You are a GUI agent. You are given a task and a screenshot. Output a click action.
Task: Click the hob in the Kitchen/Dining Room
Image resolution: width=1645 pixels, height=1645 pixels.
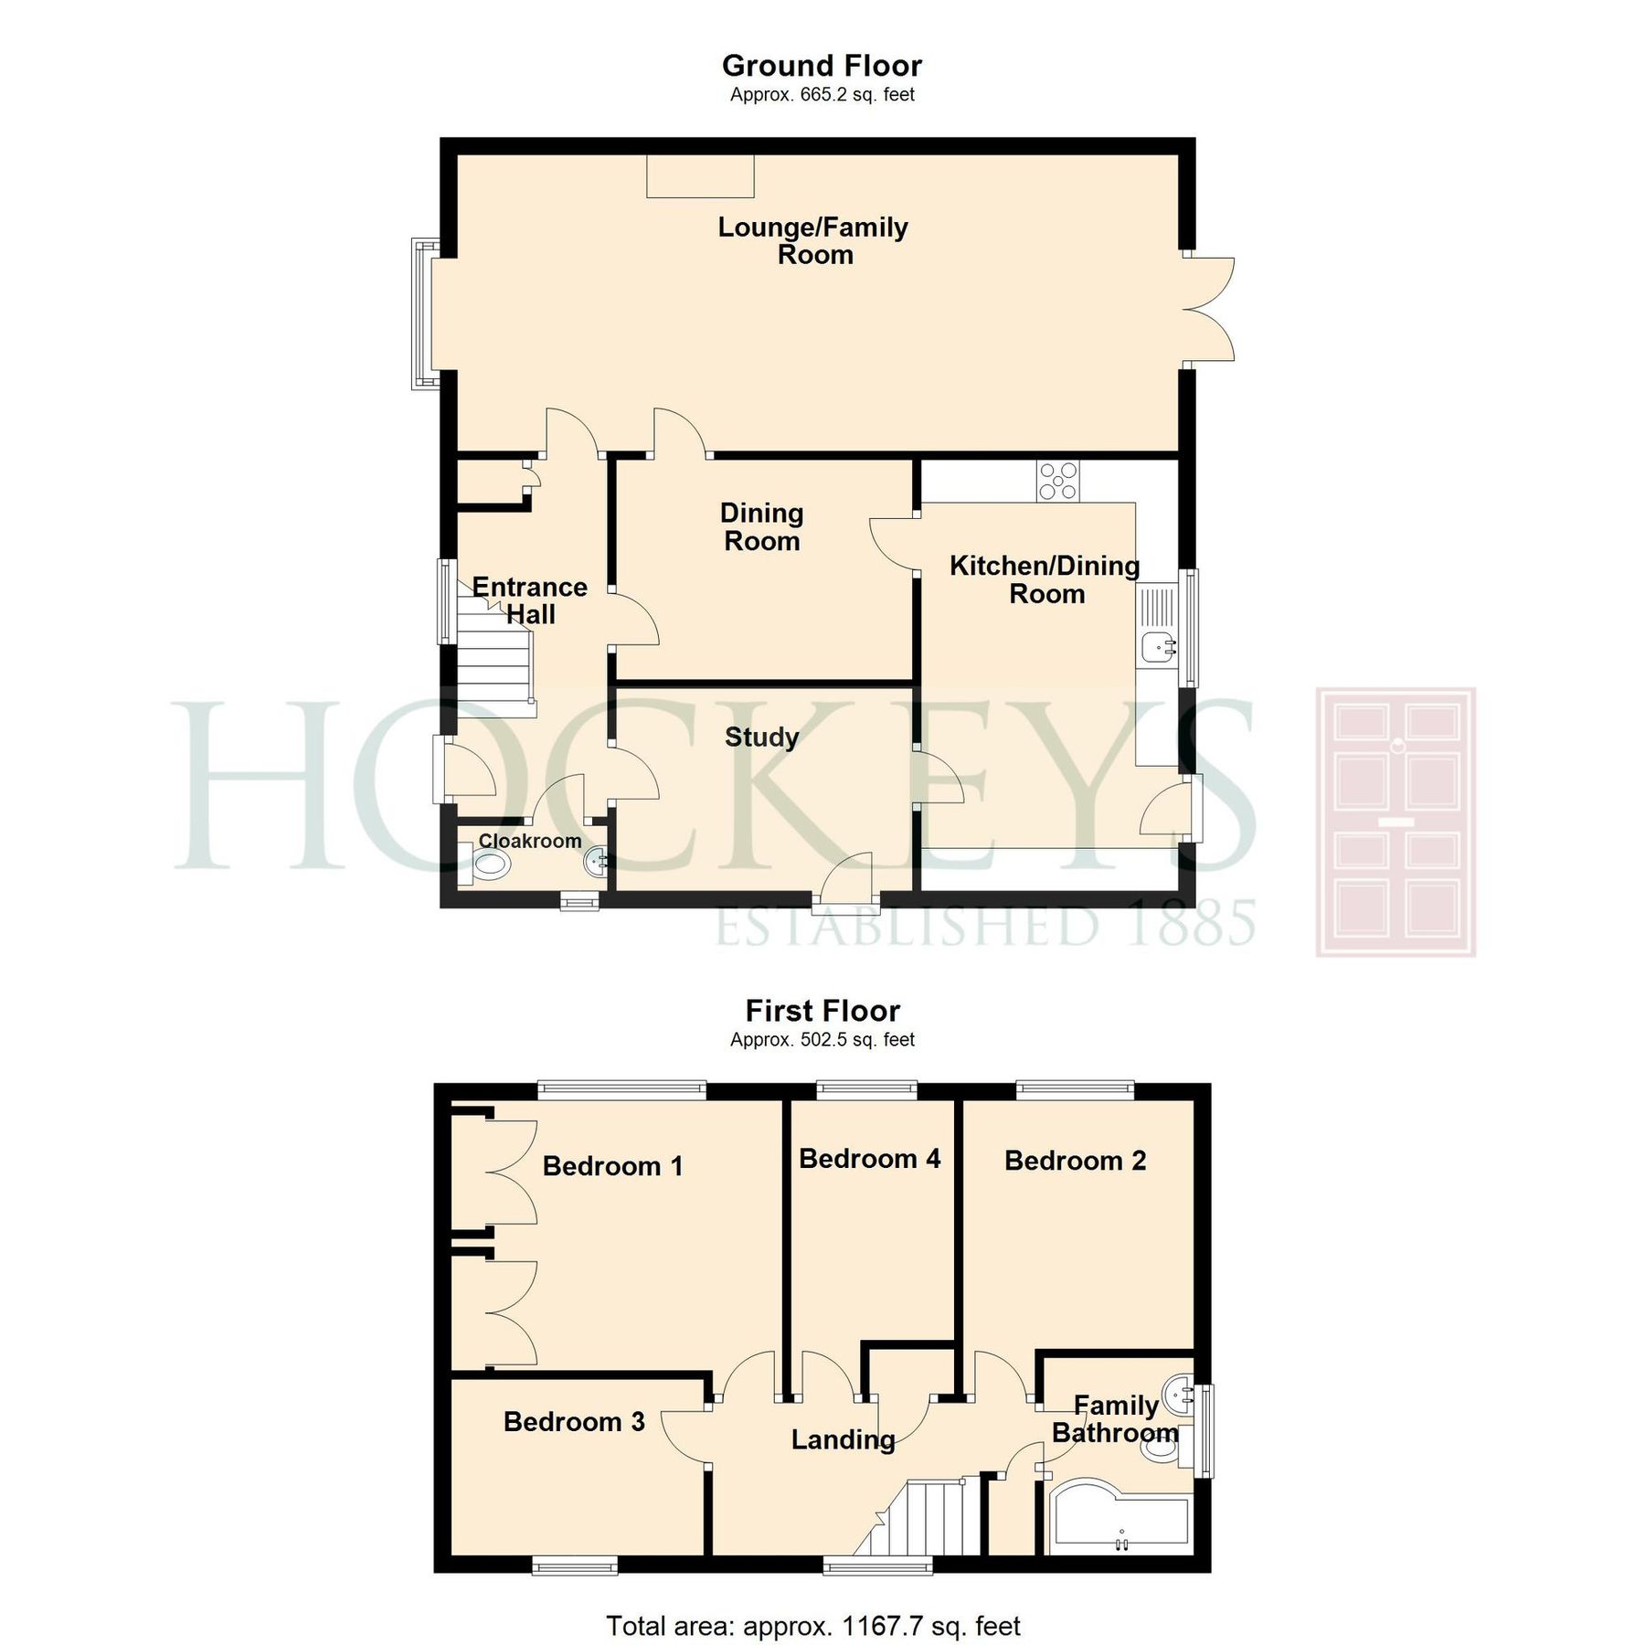pyautogui.click(x=1057, y=481)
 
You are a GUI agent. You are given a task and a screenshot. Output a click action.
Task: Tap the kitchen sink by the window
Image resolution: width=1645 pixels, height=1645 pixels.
pyautogui.click(x=1158, y=647)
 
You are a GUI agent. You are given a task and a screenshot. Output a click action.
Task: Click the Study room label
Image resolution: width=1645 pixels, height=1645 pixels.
pyautogui.click(x=761, y=737)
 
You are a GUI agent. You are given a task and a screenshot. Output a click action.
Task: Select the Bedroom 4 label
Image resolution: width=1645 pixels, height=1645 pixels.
pyautogui.click(x=869, y=1159)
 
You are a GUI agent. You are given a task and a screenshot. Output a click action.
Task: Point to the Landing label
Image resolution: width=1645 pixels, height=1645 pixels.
pyautogui.click(x=843, y=1440)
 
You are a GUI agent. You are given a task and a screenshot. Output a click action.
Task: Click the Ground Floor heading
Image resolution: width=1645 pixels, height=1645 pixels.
pyautogui.click(x=822, y=66)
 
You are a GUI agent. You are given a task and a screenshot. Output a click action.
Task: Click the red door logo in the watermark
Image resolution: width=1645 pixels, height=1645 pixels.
pyautogui.click(x=1396, y=822)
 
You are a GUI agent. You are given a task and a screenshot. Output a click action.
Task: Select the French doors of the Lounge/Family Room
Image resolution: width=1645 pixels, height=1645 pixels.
pyautogui.click(x=1208, y=308)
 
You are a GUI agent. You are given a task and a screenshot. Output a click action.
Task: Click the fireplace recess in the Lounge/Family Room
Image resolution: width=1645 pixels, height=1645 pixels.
pyautogui.click(x=700, y=175)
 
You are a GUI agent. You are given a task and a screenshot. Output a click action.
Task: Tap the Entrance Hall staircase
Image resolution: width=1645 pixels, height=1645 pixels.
pyautogui.click(x=494, y=658)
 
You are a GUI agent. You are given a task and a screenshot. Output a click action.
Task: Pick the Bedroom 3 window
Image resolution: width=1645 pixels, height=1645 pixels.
pyautogui.click(x=575, y=1566)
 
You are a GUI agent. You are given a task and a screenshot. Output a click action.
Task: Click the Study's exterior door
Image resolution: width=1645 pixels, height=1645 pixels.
pyautogui.click(x=846, y=884)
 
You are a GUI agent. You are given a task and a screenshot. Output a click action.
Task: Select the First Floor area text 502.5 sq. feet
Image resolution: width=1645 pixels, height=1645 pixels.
pyautogui.click(x=822, y=1039)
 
